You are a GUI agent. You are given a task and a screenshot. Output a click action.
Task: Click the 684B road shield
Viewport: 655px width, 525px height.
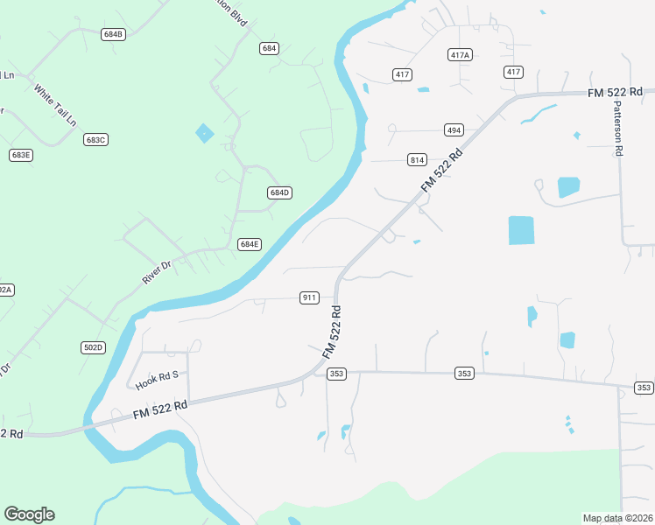pyautogui.click(x=113, y=34)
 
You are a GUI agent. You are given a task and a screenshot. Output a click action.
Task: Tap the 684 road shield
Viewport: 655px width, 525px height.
pyautogui.click(x=269, y=48)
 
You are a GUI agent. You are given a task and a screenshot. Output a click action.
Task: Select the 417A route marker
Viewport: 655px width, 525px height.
pyautogui.click(x=460, y=54)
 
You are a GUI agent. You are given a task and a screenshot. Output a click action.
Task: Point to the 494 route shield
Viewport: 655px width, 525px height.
pyautogui.click(x=454, y=129)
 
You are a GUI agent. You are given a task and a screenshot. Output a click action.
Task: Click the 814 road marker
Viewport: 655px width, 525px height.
pyautogui.click(x=417, y=159)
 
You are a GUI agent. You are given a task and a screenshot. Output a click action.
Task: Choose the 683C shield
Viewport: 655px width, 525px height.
pyautogui.click(x=95, y=139)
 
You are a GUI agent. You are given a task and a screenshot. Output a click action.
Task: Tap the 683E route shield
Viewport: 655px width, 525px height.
pyautogui.click(x=21, y=155)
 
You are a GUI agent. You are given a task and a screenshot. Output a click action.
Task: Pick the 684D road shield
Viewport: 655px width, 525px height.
pyautogui.click(x=279, y=192)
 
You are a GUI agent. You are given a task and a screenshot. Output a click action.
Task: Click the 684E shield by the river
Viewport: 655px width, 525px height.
pyautogui.click(x=250, y=244)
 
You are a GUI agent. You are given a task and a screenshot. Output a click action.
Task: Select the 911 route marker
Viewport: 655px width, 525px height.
pyautogui.click(x=309, y=297)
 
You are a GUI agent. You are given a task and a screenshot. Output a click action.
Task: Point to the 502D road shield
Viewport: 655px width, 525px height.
pyautogui.click(x=93, y=347)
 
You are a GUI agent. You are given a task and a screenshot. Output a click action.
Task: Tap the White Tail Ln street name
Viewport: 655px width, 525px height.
pyautogui.click(x=54, y=104)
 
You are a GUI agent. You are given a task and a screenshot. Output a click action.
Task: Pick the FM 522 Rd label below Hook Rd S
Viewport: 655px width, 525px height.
pyautogui.click(x=161, y=408)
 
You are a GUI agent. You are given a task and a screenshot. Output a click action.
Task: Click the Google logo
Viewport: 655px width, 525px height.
pyautogui.click(x=29, y=514)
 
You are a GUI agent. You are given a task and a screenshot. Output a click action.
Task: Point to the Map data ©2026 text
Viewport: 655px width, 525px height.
pyautogui.click(x=618, y=518)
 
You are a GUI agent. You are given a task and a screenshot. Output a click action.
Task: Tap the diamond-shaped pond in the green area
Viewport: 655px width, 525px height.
pyautogui.click(x=204, y=133)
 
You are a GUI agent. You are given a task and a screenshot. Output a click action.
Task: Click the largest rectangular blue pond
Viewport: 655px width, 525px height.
pyautogui.click(x=521, y=230)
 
